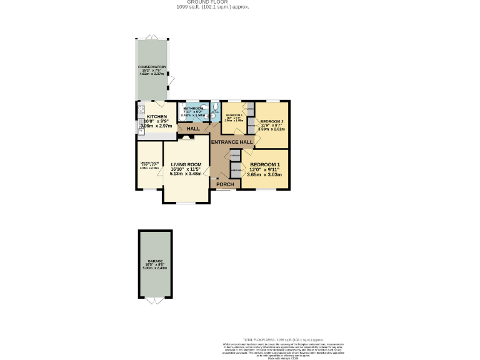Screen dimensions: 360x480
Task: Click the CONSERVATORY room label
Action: [x=152, y=67]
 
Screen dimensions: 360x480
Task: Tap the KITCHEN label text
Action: [x=156, y=117]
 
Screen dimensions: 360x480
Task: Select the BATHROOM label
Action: [x=192, y=109]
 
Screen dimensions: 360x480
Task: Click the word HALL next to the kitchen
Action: [x=193, y=129]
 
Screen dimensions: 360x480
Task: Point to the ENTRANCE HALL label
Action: [x=232, y=142]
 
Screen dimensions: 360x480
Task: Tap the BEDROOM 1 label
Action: [x=265, y=164]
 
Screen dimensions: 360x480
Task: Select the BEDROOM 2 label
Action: [x=272, y=121]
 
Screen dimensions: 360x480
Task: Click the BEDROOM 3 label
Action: [x=234, y=116]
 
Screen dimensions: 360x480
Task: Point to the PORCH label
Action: [x=224, y=184]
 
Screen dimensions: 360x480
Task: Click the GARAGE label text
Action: [x=155, y=261]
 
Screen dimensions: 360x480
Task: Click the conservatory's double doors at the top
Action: [x=152, y=37]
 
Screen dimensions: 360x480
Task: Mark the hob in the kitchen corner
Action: [x=139, y=113]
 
